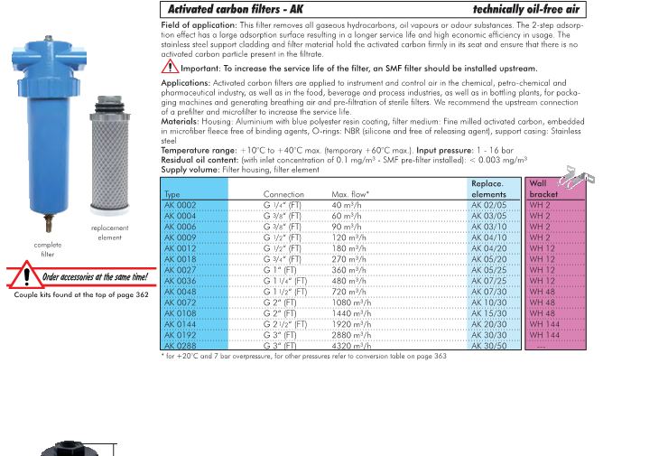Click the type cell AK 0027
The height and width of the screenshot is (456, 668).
click(181, 270)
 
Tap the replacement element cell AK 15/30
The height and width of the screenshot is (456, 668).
click(488, 312)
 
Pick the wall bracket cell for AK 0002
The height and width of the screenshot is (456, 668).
click(540, 206)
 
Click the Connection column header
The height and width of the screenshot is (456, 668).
click(283, 194)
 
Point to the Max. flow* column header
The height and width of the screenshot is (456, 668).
click(350, 194)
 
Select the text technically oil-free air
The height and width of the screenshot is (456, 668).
click(524, 9)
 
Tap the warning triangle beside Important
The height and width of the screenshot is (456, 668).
click(170, 68)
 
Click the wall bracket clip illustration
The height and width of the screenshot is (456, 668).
click(567, 174)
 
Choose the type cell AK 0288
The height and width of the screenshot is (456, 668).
click(181, 344)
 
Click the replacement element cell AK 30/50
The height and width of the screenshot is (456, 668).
click(488, 344)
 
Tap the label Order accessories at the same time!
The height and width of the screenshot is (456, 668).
click(94, 277)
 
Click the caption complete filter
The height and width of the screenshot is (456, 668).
click(48, 249)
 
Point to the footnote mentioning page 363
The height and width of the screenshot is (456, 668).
click(303, 356)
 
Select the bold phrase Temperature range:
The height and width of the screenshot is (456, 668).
click(199, 150)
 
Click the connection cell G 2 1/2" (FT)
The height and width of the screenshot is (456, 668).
click(285, 323)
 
